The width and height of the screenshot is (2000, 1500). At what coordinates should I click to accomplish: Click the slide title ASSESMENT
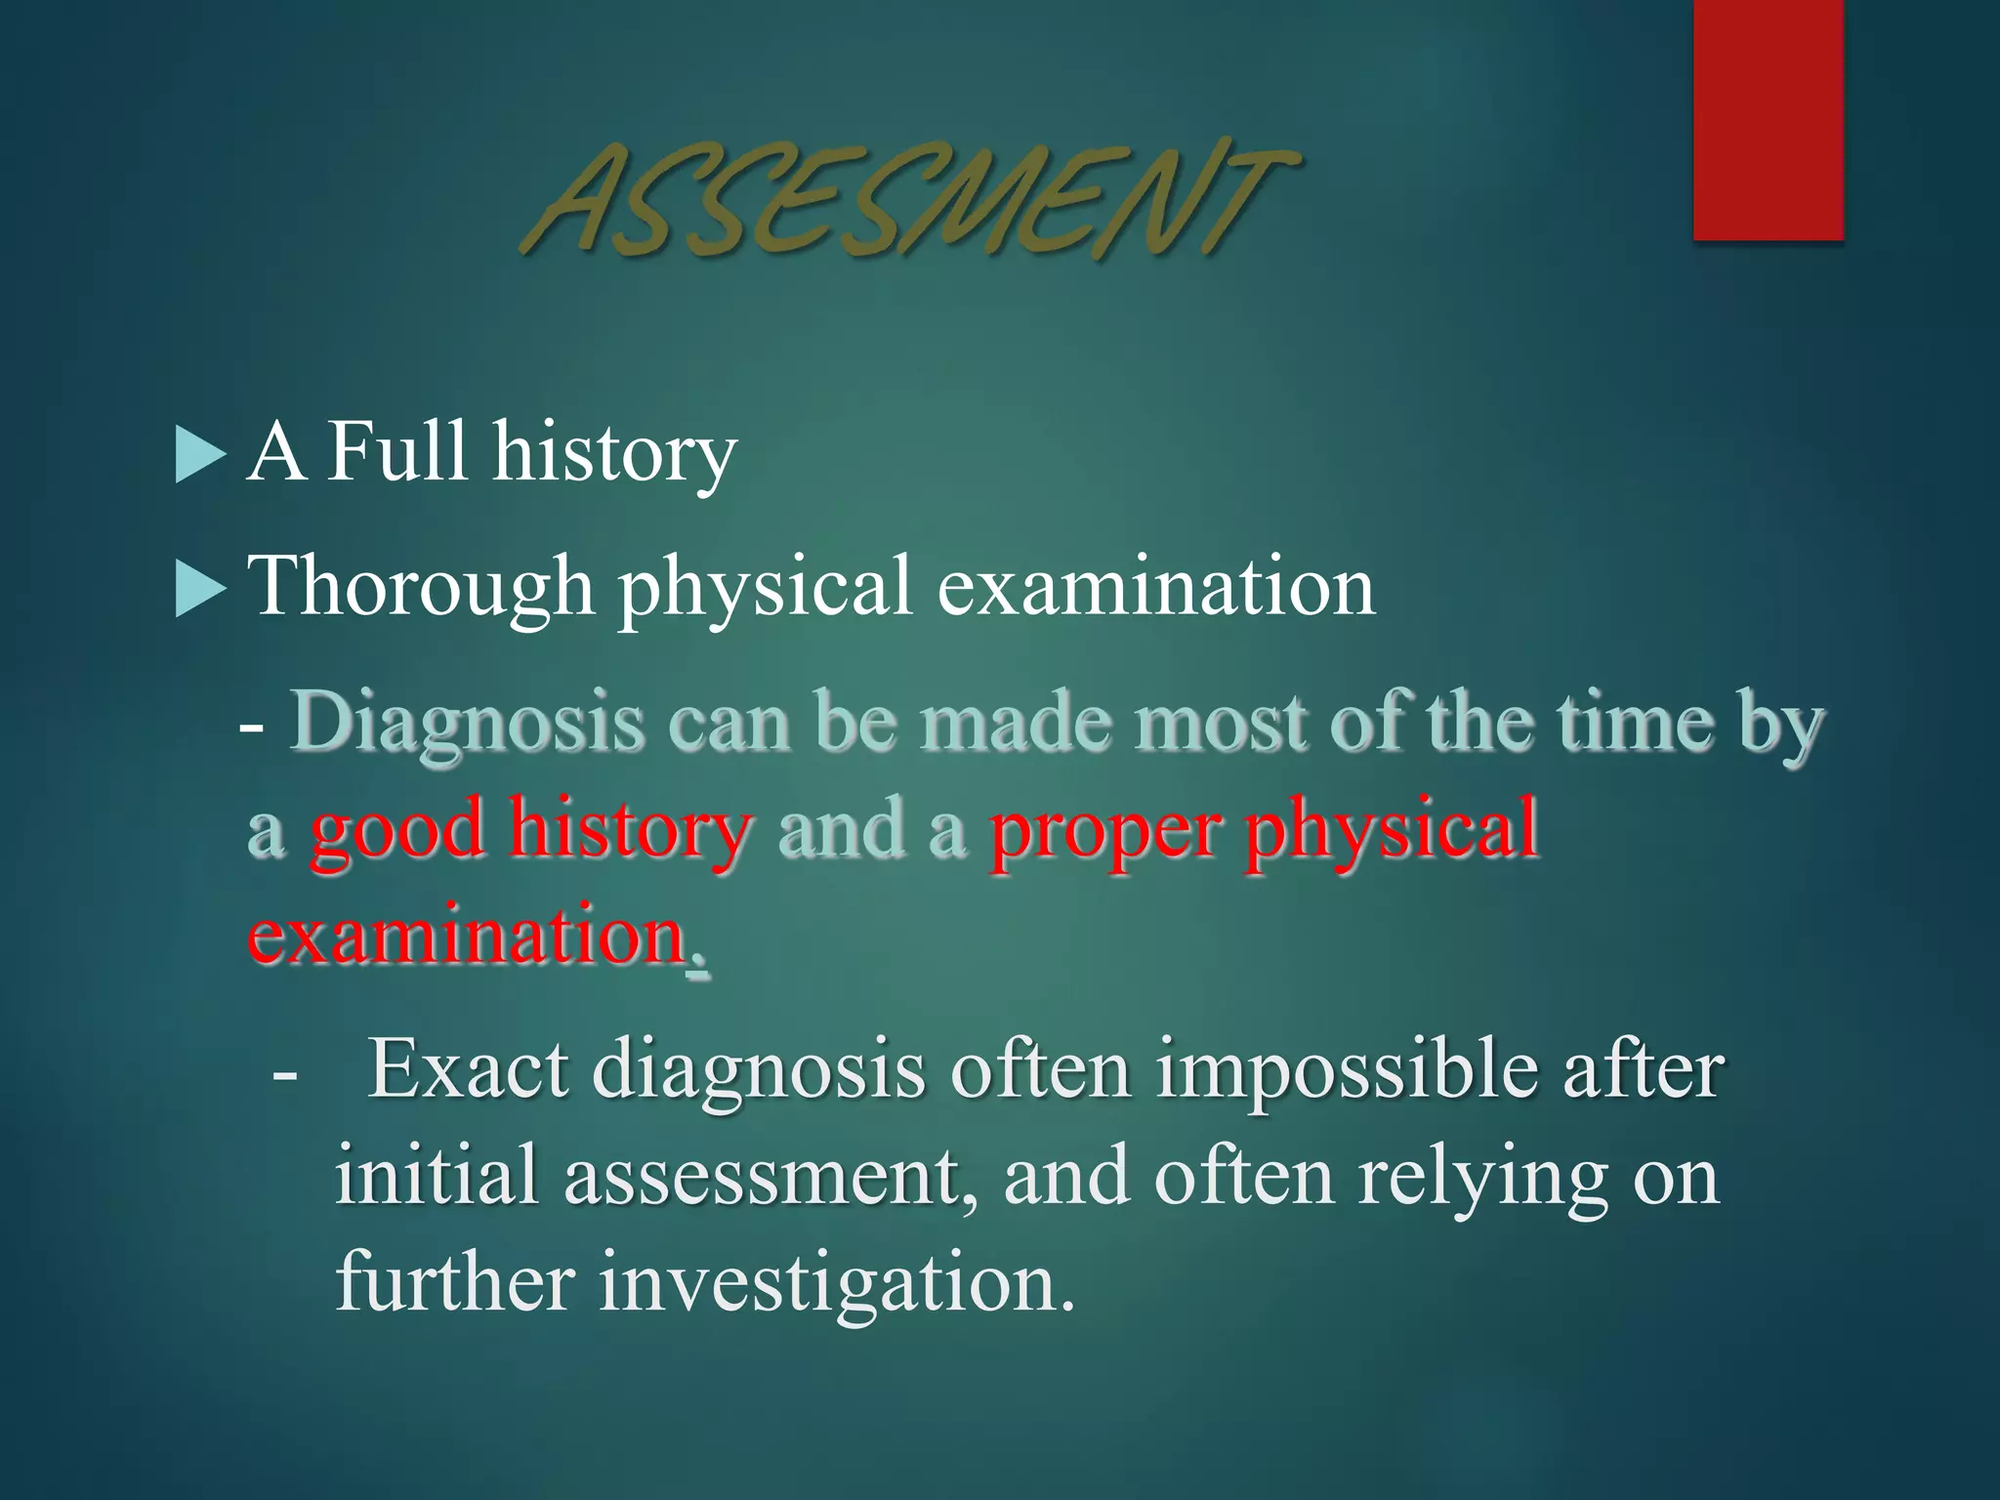coord(908,200)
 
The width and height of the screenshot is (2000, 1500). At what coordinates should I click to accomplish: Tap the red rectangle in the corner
coord(1768,119)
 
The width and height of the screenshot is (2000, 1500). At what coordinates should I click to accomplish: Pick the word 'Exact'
coord(468,1070)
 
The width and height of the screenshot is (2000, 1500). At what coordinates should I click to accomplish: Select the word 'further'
coord(455,1281)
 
